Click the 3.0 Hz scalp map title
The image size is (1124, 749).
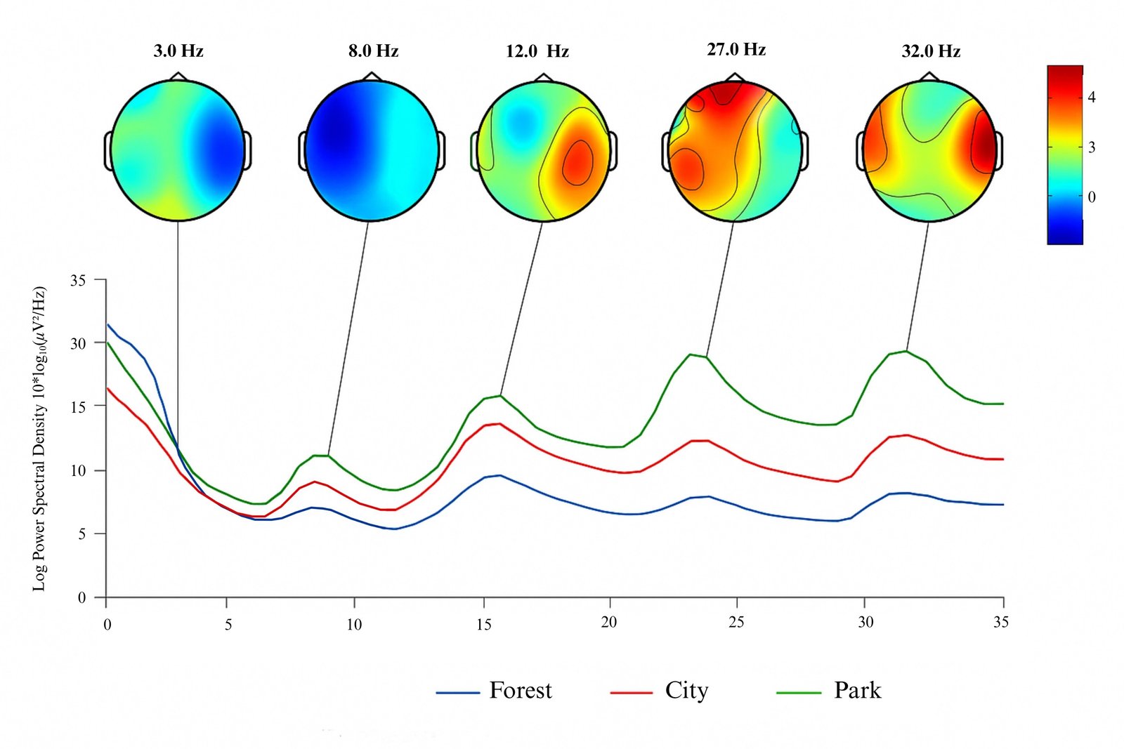click(x=178, y=51)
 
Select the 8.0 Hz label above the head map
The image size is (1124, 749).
click(x=373, y=51)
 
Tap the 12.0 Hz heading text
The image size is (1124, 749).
click(x=537, y=51)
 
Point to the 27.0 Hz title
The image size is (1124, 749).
click(x=736, y=49)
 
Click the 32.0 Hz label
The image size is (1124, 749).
click(x=931, y=51)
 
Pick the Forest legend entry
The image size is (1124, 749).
click(x=520, y=691)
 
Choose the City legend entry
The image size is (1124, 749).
click(x=686, y=691)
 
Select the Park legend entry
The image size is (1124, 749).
click(x=857, y=691)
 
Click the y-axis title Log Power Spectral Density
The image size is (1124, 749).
click(x=39, y=438)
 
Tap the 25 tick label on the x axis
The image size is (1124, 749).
click(x=736, y=622)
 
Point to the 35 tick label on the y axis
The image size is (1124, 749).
click(x=78, y=281)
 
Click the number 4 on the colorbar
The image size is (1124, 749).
click(x=1092, y=98)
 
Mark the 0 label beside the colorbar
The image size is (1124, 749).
click(x=1092, y=197)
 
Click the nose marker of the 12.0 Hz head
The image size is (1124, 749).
click(x=541, y=77)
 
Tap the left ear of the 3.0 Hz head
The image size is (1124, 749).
click(x=108, y=150)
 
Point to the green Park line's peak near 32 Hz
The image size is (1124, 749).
click(x=907, y=351)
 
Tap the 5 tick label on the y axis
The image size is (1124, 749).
click(x=81, y=534)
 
